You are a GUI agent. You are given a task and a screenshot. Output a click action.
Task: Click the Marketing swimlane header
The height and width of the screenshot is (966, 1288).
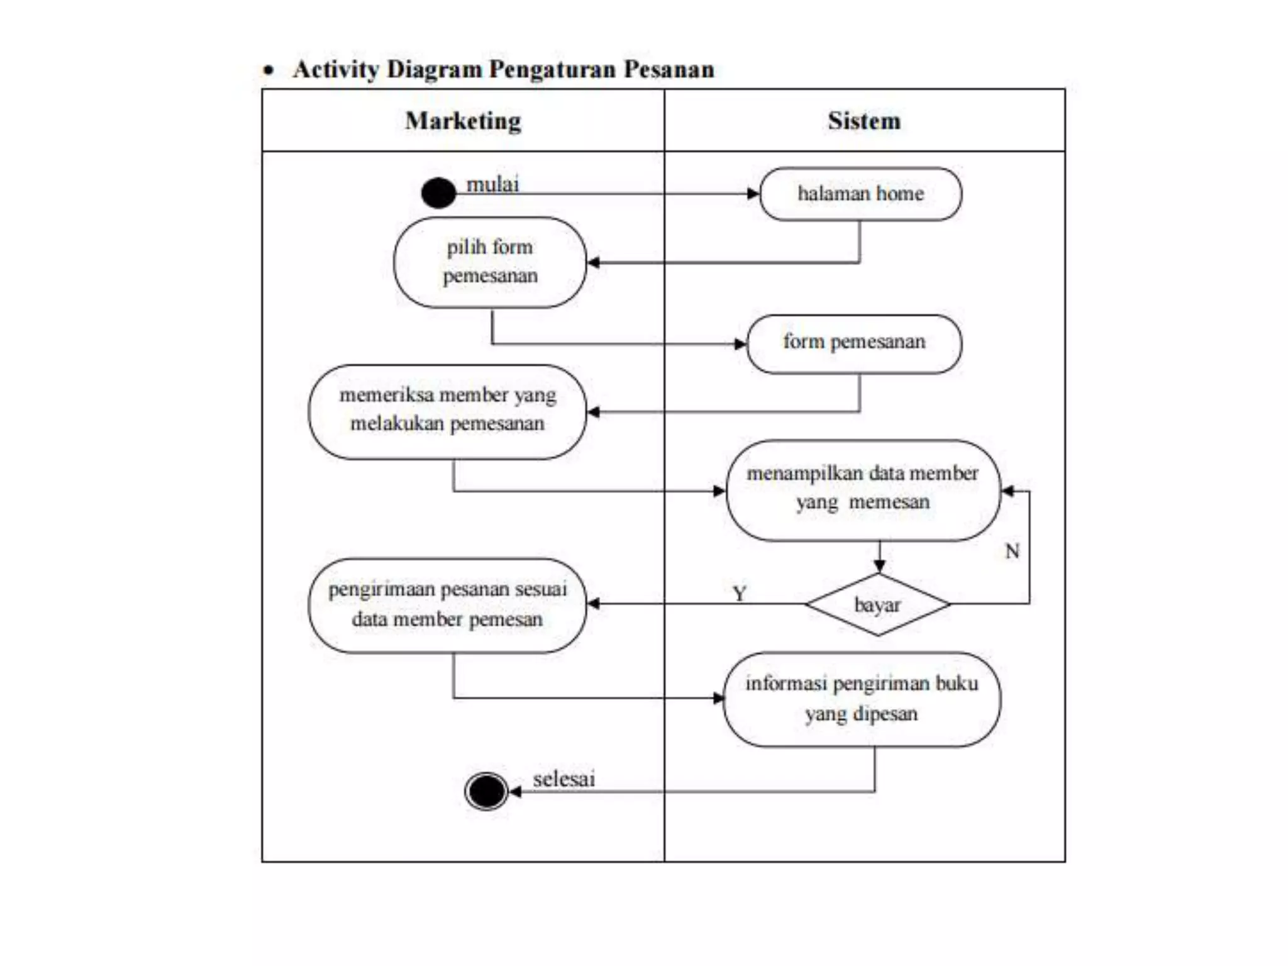(463, 121)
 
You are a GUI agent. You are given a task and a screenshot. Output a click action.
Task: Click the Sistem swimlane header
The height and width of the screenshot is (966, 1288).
(864, 121)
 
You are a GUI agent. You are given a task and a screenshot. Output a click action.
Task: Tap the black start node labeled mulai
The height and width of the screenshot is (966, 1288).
(438, 192)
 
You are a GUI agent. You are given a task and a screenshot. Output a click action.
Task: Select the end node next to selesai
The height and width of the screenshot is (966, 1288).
(486, 791)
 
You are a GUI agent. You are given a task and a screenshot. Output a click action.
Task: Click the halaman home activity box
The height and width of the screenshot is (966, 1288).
(860, 194)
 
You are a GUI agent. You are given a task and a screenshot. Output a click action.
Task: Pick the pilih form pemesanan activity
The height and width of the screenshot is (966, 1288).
(490, 262)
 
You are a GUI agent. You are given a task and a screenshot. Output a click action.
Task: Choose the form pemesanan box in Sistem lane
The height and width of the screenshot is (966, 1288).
(854, 343)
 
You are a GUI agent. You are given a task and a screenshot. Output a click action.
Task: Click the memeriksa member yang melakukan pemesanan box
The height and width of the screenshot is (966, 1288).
(447, 411)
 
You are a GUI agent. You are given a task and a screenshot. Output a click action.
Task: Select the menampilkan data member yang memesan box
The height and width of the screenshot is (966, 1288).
(863, 490)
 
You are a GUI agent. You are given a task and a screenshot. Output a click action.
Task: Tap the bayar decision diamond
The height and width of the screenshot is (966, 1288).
(878, 604)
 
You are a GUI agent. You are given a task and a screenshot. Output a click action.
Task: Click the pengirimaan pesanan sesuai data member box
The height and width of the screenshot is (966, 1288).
(447, 605)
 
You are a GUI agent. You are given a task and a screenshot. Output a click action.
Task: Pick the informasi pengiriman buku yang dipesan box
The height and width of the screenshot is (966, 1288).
(862, 699)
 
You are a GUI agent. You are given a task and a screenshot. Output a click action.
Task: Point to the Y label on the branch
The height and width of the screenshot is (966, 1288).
(740, 592)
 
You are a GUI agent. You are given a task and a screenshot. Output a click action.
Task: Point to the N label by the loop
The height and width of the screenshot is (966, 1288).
(1012, 551)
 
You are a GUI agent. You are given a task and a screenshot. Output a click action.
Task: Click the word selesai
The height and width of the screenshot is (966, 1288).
(563, 779)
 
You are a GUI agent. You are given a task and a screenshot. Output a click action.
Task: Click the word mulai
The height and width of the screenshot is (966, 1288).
(492, 184)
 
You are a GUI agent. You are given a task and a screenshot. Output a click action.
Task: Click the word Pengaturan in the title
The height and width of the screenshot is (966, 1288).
(555, 69)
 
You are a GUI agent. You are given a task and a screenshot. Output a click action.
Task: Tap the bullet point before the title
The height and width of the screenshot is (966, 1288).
(269, 70)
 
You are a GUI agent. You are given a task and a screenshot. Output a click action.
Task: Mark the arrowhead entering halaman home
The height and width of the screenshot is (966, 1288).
(753, 194)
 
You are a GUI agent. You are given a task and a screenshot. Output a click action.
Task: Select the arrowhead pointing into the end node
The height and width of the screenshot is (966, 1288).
(515, 791)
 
